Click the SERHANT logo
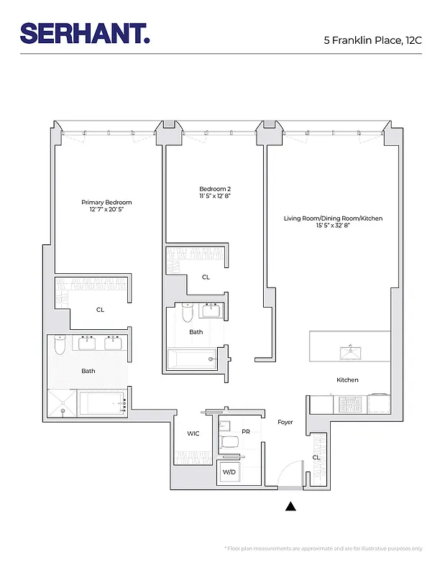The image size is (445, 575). (85, 32)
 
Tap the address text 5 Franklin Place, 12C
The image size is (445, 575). (372, 40)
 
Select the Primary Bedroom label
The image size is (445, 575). (106, 203)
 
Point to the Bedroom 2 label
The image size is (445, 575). (214, 188)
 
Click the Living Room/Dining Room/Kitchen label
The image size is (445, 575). (333, 218)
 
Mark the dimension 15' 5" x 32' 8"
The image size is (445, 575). (333, 226)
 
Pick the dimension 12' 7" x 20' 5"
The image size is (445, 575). (106, 210)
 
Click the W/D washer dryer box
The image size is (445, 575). (229, 472)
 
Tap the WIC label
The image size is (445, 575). (193, 433)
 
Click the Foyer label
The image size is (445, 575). (285, 422)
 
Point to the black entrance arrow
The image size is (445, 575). (290, 507)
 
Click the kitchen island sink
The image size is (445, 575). (350, 351)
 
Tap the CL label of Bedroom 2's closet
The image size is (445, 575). (206, 277)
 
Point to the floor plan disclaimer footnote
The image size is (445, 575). (324, 548)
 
